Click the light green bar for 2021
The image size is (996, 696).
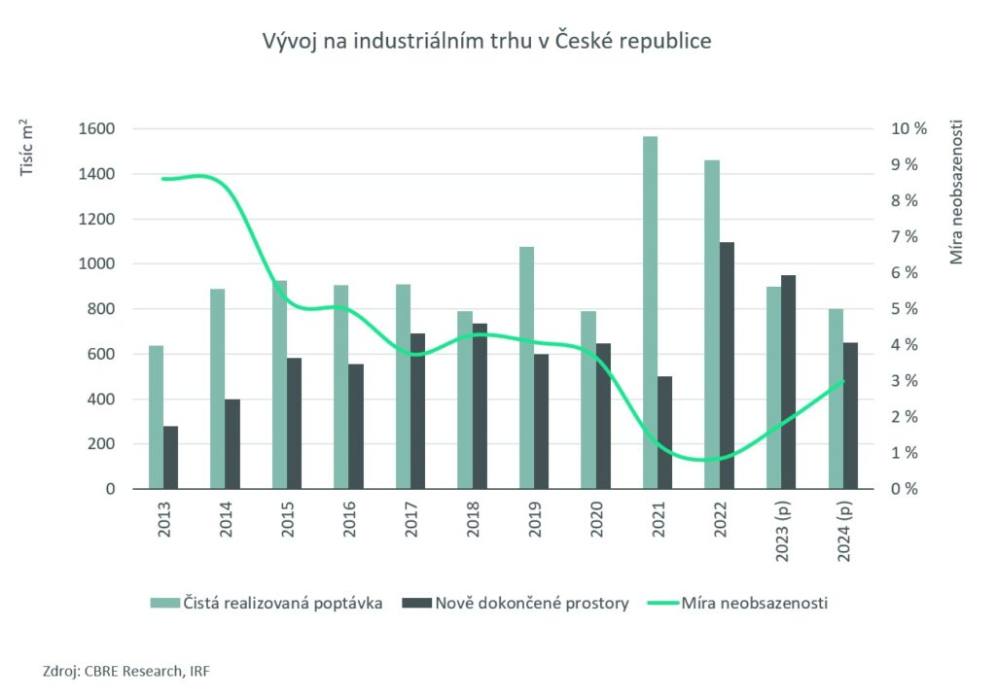[x=650, y=312]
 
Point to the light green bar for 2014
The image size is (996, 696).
[x=217, y=389]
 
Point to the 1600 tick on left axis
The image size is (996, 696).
[x=98, y=129]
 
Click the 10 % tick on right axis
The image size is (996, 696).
[x=908, y=129]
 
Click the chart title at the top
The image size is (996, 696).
[x=486, y=42]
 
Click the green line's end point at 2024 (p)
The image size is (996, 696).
[x=843, y=381]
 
